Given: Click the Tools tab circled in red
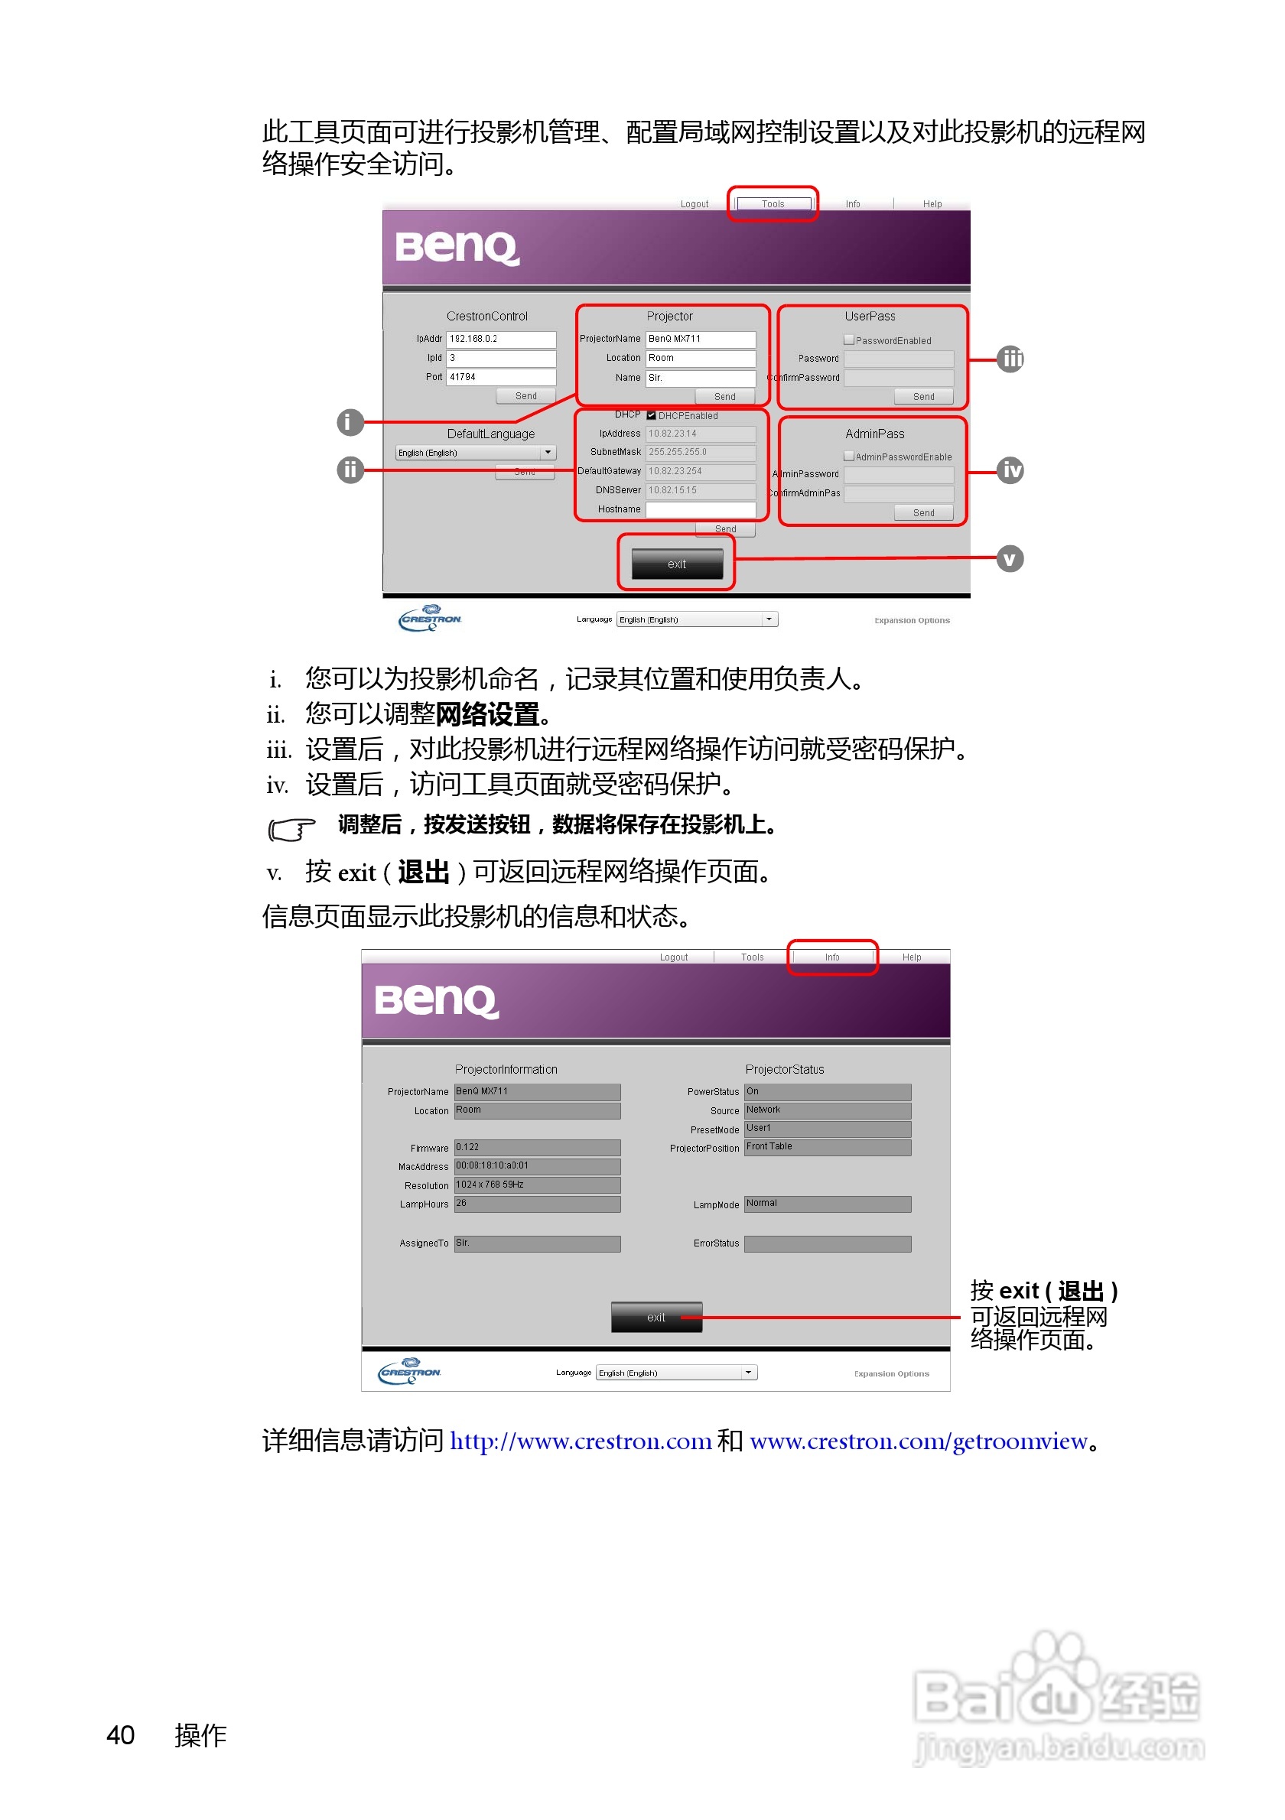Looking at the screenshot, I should pyautogui.click(x=772, y=203).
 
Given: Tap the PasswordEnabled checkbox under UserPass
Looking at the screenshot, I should pyautogui.click(x=848, y=340).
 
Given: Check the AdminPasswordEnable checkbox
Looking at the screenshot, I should pyautogui.click(x=848, y=457).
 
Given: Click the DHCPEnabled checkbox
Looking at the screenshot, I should pyautogui.click(x=651, y=415).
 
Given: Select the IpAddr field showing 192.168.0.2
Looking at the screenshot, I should pyautogui.click(x=500, y=340).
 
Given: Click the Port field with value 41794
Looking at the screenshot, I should pyautogui.click(x=500, y=377).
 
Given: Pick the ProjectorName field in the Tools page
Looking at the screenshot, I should pyautogui.click(x=700, y=340).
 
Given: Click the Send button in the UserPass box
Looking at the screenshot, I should pyautogui.click(x=922, y=396).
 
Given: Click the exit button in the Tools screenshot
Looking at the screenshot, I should pyautogui.click(x=676, y=564).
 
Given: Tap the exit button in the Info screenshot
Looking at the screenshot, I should pyautogui.click(x=656, y=1317).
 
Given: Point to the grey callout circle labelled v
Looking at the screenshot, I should pyautogui.click(x=1009, y=559).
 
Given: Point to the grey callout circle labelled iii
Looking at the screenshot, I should pyautogui.click(x=1009, y=359).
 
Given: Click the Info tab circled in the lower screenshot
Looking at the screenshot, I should pyautogui.click(x=831, y=957).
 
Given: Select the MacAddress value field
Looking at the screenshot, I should pyautogui.click(x=537, y=1166).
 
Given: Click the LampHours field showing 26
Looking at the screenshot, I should pyautogui.click(x=537, y=1204).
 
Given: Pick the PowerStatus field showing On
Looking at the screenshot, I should pyautogui.click(x=827, y=1091).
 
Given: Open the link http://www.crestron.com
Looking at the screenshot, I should pyautogui.click(x=581, y=1441).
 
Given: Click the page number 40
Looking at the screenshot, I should pyautogui.click(x=121, y=1735).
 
